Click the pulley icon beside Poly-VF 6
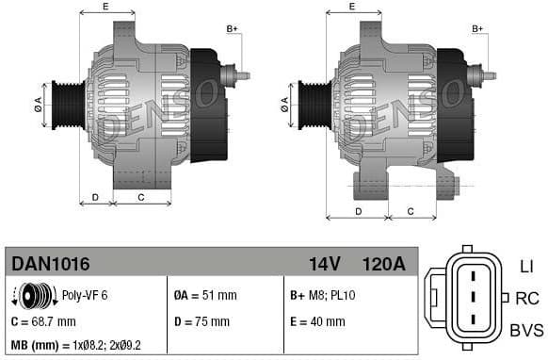click(x=35, y=295)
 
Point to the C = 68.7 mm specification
click(x=43, y=320)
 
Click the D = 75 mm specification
click(x=201, y=320)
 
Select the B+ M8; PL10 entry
click(x=322, y=295)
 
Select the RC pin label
click(x=526, y=299)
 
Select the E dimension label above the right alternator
click(x=352, y=7)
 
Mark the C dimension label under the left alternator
click(x=140, y=197)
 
